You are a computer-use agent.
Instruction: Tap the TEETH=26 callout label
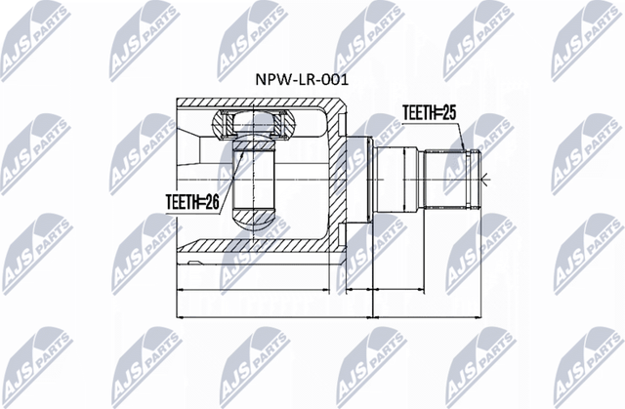point(191,203)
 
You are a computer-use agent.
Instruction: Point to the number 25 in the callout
point(450,113)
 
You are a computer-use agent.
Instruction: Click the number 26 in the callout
point(210,203)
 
